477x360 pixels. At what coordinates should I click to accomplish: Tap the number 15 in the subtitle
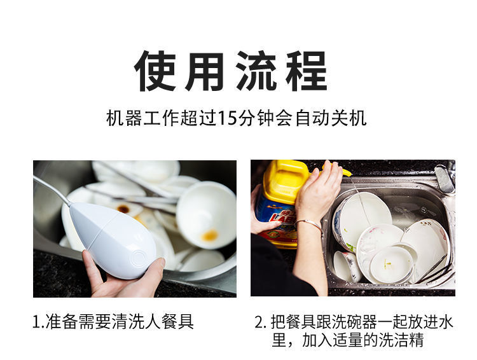[x=227, y=119]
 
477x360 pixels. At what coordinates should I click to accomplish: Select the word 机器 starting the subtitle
[x=124, y=119]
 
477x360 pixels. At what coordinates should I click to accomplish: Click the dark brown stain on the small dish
[x=123, y=209]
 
